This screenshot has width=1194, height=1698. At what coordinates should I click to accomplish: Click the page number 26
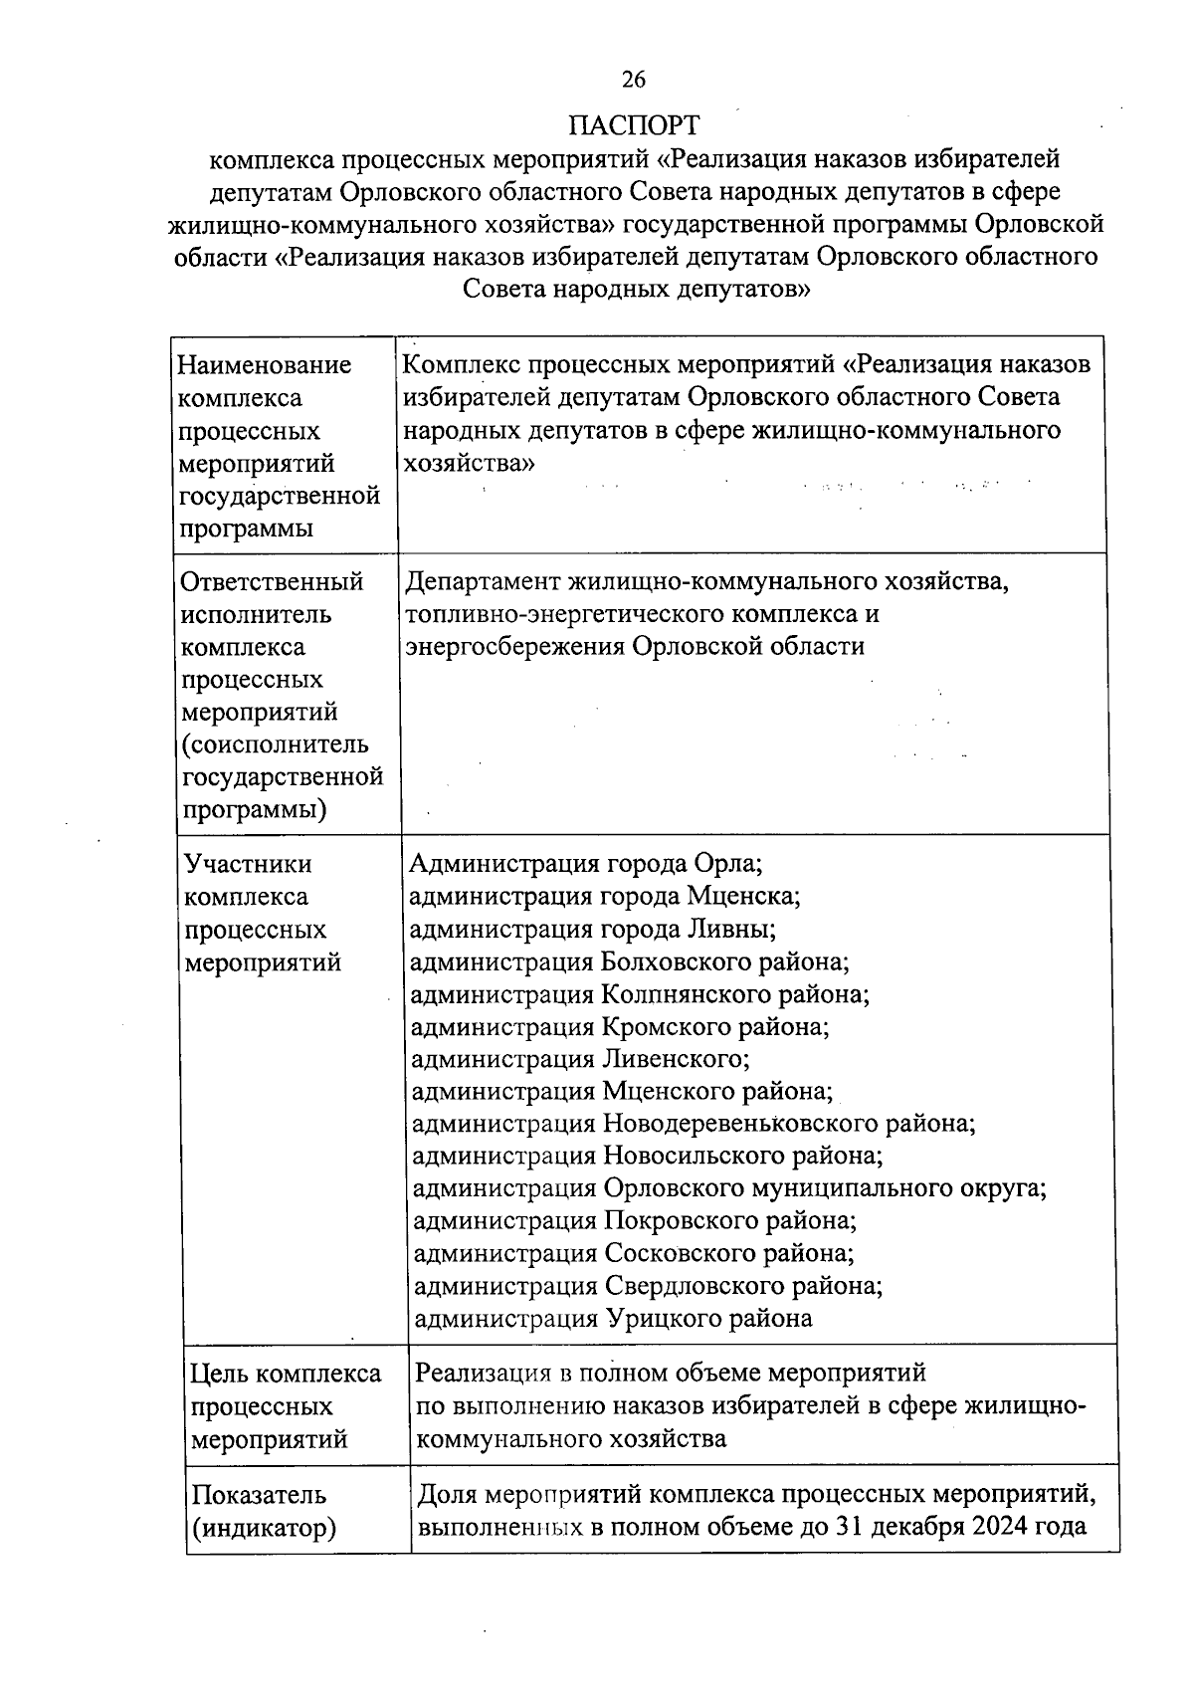coord(634,80)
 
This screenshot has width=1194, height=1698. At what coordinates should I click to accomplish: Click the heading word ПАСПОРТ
coord(634,125)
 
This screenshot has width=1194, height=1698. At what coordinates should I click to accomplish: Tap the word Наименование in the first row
coord(264,365)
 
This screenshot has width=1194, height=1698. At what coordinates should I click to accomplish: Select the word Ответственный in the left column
coord(272,581)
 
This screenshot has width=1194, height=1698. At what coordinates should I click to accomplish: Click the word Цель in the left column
coord(219,1375)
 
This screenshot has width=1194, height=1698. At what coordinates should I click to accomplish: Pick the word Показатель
coord(259,1495)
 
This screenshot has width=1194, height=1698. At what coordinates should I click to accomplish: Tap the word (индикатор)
coord(263,1528)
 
